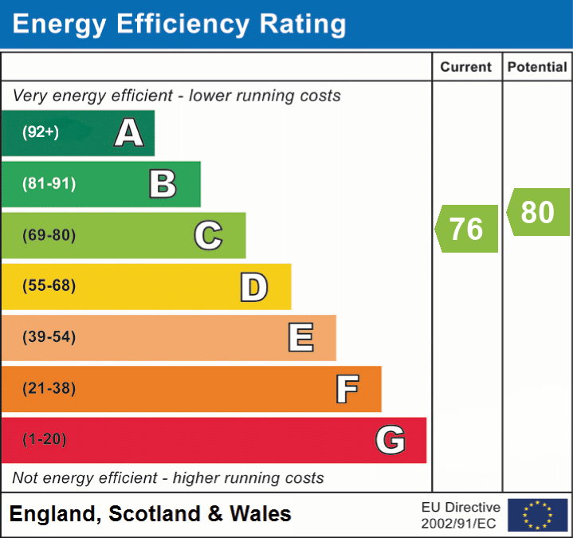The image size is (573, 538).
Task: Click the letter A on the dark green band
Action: (129, 133)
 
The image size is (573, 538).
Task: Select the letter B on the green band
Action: (163, 184)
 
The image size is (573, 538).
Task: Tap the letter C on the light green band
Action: (208, 235)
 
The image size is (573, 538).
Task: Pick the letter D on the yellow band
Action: (253, 287)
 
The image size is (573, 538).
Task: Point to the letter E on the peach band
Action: (300, 338)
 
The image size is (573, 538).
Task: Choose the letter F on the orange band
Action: (346, 389)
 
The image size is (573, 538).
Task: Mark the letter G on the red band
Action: (391, 440)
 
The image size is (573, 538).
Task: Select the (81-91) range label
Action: (49, 184)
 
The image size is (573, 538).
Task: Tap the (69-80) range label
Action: (49, 235)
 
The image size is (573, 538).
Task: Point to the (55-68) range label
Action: (49, 286)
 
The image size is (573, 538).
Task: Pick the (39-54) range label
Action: (49, 337)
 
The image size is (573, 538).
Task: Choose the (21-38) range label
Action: (49, 389)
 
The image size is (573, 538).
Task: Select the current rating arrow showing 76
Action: (467, 229)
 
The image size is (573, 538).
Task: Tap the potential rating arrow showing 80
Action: (538, 212)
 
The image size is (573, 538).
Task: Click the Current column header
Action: (466, 68)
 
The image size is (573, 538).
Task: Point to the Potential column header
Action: (537, 68)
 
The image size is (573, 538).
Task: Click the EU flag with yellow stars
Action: (537, 515)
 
